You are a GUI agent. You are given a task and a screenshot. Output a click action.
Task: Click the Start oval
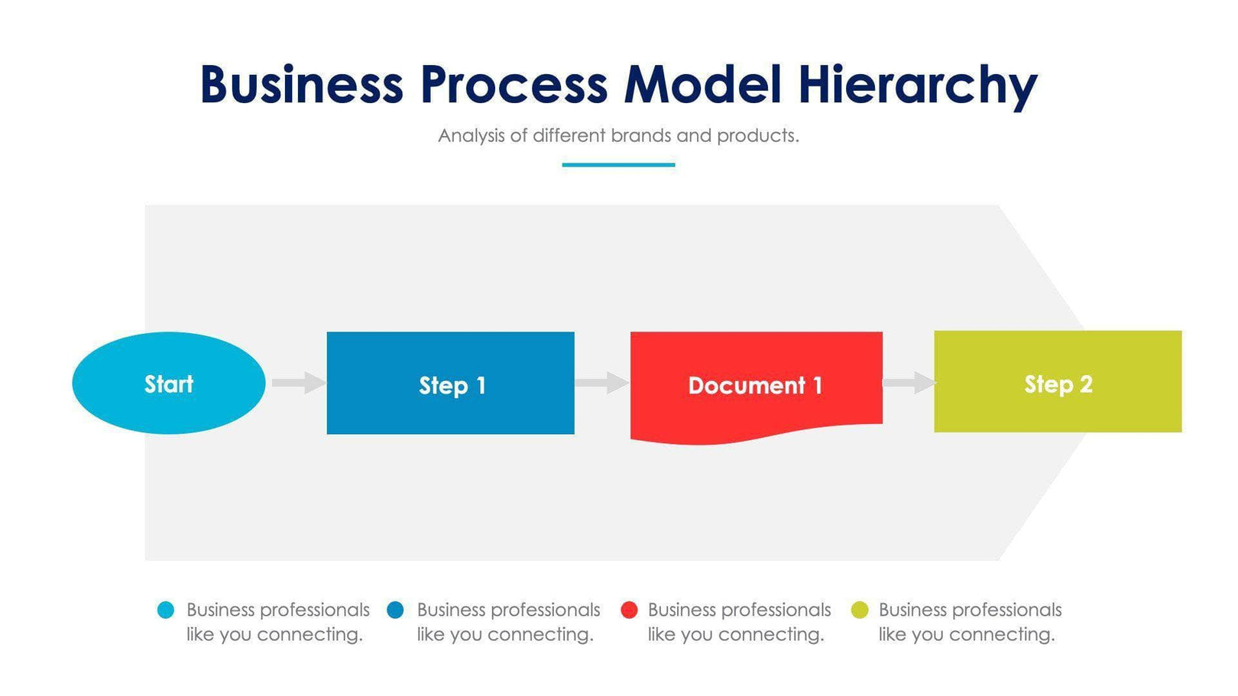coord(168,383)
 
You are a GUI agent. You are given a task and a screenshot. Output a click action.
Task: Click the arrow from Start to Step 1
coord(298,383)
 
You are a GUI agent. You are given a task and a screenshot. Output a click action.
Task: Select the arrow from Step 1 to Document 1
coord(602,383)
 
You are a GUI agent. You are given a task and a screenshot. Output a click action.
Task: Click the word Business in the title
coord(301,84)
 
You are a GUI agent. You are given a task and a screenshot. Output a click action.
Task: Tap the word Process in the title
coord(514,84)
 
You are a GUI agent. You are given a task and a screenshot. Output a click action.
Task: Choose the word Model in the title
coord(703,84)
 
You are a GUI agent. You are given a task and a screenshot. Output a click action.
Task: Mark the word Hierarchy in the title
coord(917,86)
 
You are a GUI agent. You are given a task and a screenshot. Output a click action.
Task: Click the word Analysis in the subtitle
coord(471,136)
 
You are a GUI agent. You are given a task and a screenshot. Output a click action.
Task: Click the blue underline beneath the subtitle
coord(618,164)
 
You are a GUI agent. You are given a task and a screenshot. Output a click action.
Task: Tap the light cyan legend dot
coord(165,610)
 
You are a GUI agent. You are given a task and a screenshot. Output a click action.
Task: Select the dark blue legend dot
coord(395,610)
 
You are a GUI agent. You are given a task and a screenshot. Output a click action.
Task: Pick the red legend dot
coord(629,610)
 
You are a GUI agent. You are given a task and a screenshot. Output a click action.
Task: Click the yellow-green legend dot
coord(860,610)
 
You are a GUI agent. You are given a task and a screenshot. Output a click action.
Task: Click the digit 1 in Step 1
coord(481,385)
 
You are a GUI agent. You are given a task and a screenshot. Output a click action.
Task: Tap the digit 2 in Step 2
coord(1086,384)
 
